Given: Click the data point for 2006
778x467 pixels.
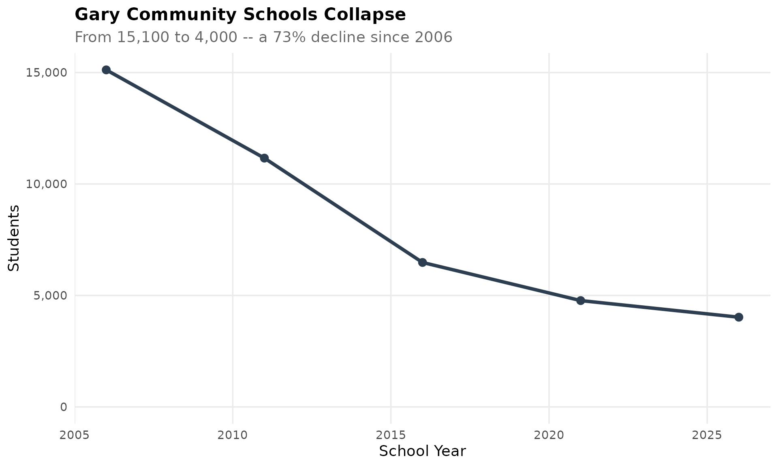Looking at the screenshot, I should [106, 70].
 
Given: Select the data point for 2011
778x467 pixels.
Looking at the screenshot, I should [264, 158].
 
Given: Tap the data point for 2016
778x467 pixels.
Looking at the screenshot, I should [422, 262].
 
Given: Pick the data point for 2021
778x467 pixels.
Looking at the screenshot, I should [580, 300].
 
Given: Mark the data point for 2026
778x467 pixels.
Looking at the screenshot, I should [739, 317].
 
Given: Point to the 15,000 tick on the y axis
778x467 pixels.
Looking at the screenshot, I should [46, 73].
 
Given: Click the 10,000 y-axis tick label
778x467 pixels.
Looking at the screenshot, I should [46, 184].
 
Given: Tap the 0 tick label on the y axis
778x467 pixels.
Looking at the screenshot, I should [64, 407].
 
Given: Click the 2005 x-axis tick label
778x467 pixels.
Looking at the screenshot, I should [75, 435].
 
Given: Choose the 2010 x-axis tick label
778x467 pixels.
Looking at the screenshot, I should [233, 435].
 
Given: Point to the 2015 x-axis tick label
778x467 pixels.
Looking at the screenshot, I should [391, 435].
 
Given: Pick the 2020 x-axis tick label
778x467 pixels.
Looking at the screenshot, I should [549, 435].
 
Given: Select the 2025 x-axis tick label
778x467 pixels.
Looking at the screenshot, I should [707, 435].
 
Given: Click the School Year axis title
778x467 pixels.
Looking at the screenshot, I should [422, 451].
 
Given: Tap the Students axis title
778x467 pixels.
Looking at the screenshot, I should [14, 238].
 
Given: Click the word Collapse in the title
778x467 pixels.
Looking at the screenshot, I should [365, 15].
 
